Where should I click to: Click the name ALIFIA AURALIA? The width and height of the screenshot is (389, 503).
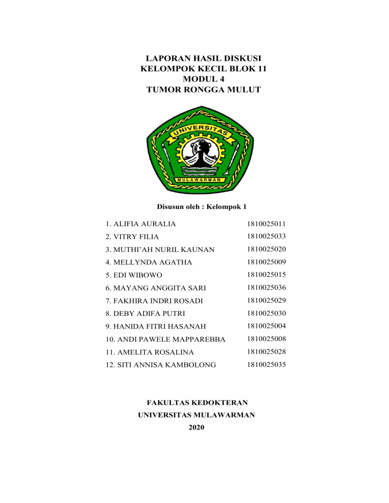click(x=134, y=224)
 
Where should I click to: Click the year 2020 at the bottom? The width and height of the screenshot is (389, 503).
click(x=197, y=428)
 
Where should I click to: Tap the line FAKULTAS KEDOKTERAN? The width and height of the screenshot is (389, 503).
click(x=197, y=403)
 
